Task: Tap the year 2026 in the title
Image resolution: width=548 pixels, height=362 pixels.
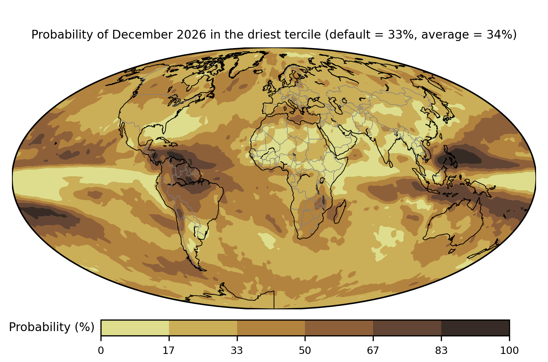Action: coord(191,35)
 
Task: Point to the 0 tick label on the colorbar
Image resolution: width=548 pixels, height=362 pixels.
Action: coord(101,351)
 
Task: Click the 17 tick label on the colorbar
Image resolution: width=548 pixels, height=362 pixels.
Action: coord(169,351)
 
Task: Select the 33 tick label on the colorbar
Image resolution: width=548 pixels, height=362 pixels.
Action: coord(237,351)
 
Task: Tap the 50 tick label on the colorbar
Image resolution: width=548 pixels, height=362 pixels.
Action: coord(305,351)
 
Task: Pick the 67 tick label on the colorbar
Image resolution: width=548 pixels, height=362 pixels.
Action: coord(373,351)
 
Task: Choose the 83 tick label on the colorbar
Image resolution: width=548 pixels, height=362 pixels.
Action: coord(441,351)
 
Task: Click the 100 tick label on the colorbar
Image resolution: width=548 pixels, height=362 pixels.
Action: coord(509,351)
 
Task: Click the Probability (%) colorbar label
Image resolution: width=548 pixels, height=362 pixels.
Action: coord(52,327)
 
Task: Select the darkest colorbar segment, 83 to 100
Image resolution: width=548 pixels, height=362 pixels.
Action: coord(475,328)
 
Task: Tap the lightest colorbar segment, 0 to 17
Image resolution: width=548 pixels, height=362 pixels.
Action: coord(135,328)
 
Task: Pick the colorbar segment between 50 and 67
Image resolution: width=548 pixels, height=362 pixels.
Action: coord(339,328)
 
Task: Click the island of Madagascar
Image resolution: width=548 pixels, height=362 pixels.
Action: coord(340,212)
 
